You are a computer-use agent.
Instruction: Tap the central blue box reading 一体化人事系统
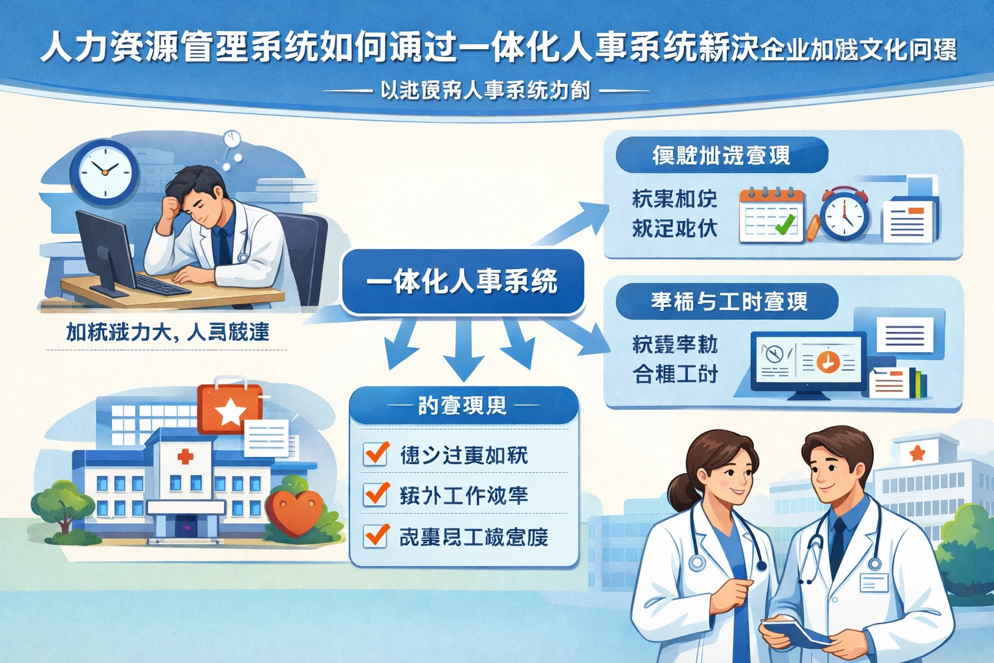coord(462,282)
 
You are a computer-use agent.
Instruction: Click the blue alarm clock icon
coord(845,214)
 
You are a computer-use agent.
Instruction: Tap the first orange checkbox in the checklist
coord(376,453)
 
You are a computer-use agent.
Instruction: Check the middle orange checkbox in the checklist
coord(376,495)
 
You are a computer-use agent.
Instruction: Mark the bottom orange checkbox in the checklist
coord(376,535)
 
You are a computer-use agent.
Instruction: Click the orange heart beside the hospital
coord(294,511)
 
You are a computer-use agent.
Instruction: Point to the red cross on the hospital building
coord(186,457)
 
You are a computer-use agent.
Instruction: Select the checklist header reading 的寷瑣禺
coord(462,406)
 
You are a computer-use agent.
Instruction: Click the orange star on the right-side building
coord(917,453)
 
